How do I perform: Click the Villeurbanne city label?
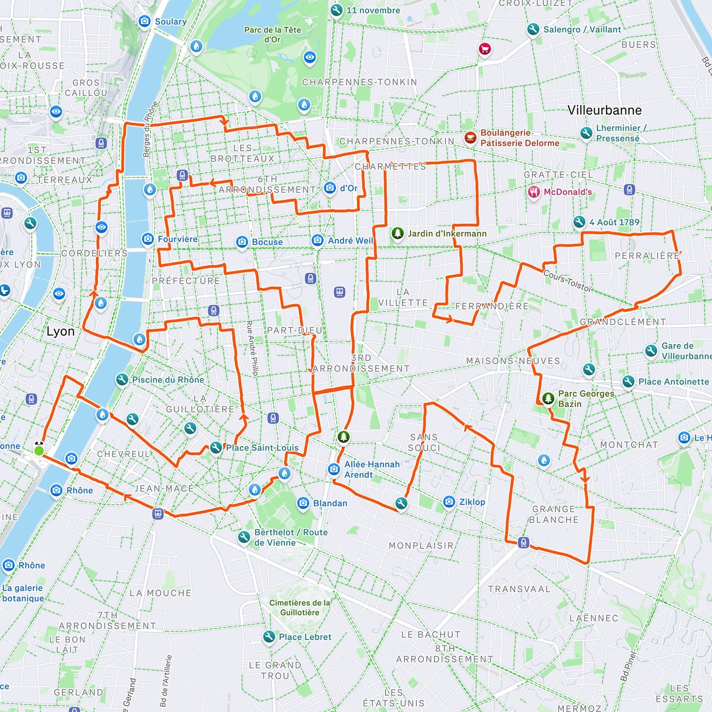604,110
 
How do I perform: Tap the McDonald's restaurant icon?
534,192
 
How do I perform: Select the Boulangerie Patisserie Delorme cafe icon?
470,137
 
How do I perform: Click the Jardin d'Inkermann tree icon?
398,233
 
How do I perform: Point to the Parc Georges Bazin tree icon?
548,398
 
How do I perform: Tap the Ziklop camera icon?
449,502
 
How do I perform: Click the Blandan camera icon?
303,503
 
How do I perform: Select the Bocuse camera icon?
242,242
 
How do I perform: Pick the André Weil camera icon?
317,240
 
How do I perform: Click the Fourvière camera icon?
147,239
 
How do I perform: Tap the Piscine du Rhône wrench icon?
122,380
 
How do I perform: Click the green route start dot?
39,450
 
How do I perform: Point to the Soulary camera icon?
144,21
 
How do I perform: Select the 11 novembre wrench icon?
336,10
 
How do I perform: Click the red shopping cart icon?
485,48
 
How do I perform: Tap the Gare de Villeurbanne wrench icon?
651,351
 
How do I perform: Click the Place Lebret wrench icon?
268,637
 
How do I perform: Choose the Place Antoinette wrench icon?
628,382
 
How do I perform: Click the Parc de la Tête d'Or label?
272,34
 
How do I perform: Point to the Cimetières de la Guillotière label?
300,608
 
